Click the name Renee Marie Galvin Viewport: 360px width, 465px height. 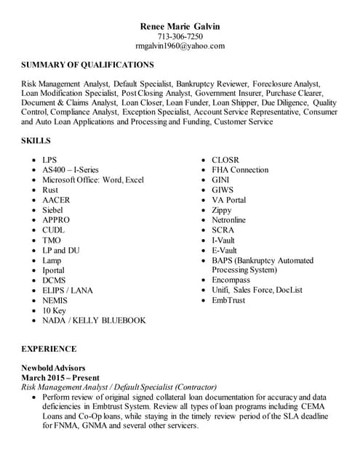pos(180,27)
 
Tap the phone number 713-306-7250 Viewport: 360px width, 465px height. pos(180,36)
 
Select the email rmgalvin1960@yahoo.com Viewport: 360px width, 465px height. pos(180,46)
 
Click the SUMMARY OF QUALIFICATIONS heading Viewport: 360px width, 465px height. pos(87,65)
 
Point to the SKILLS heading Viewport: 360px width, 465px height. pos(36,140)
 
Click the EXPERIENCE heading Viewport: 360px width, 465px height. pos(49,349)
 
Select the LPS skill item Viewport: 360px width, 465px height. pos(49,160)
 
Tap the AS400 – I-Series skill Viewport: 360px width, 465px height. pos(70,170)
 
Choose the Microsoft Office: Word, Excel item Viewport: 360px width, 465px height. pos(93,180)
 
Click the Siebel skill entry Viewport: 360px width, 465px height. pos(53,210)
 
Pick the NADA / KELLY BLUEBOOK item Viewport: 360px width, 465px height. pos(94,320)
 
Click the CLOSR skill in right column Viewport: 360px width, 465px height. pos(225,160)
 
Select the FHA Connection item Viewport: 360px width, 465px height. pos(240,170)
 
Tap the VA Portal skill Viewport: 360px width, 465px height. pos(228,200)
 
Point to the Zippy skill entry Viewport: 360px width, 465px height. pos(222,210)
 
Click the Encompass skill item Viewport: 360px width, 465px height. pos(231,280)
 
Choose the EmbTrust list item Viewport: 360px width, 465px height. pos(228,300)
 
